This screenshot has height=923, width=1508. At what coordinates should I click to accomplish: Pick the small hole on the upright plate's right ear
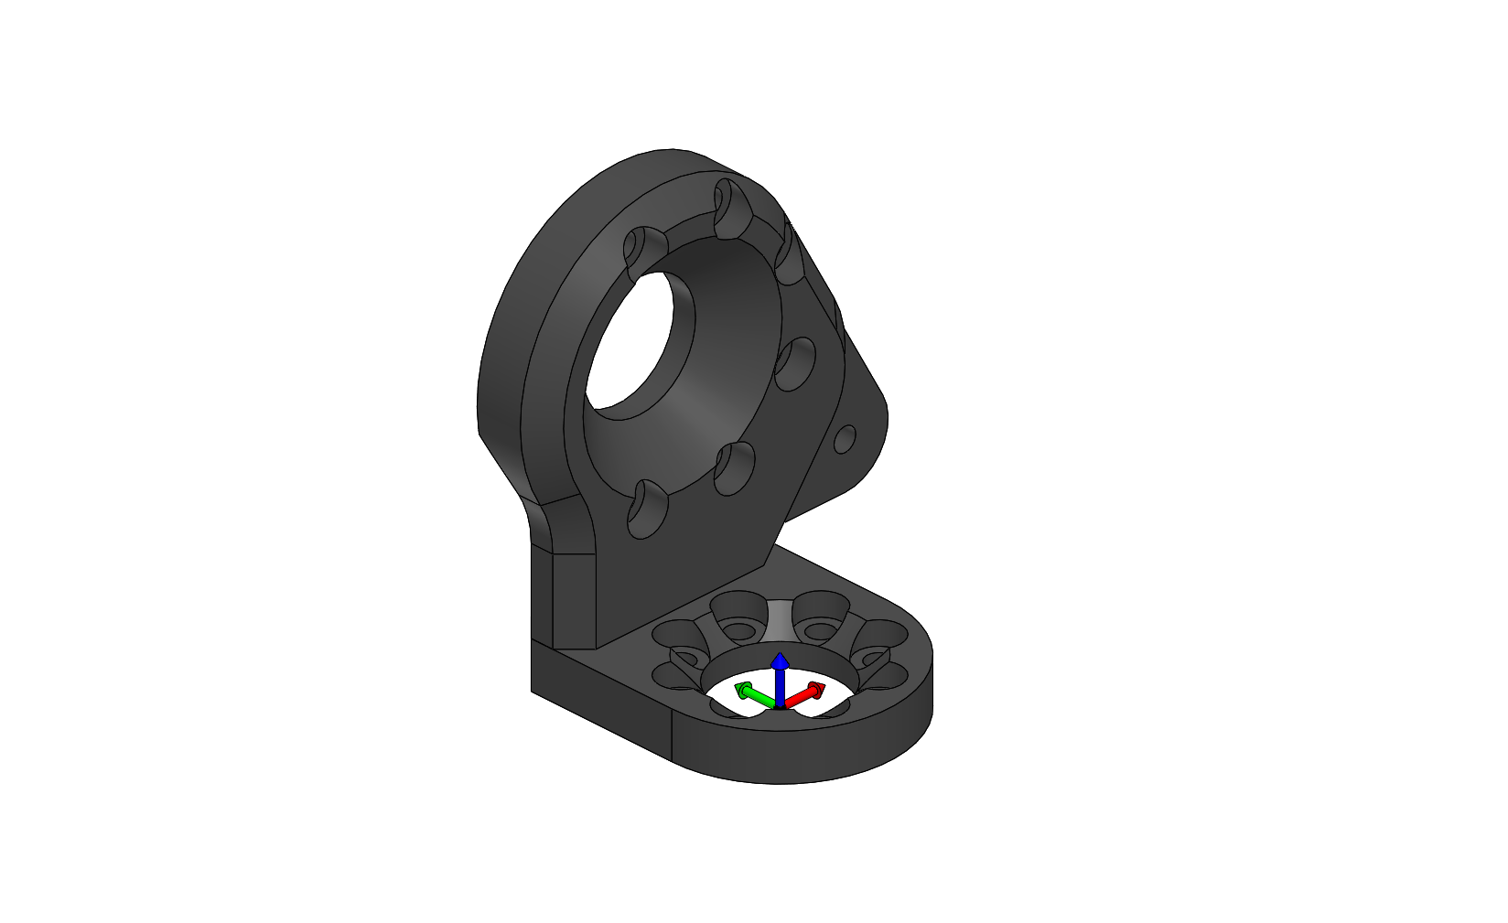(846, 439)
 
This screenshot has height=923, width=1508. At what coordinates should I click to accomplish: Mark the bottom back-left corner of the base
(533, 691)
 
